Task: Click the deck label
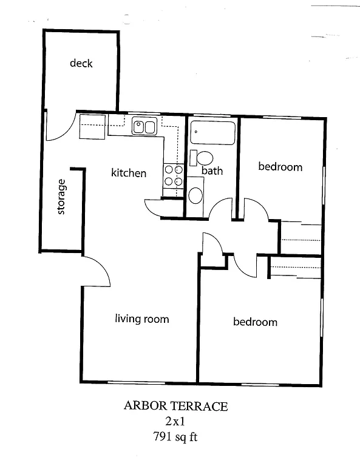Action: click(x=81, y=62)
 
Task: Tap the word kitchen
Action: click(x=128, y=173)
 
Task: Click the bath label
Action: click(x=212, y=171)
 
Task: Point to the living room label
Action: click(x=142, y=319)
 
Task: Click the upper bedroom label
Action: click(x=280, y=166)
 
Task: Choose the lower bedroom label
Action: click(x=255, y=322)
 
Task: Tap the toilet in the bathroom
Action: click(x=202, y=158)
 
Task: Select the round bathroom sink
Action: click(x=195, y=195)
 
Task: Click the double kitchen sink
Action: click(x=144, y=127)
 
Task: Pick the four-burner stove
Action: click(x=173, y=175)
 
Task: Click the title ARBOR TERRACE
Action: click(x=176, y=406)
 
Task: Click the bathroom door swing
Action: click(x=222, y=208)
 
